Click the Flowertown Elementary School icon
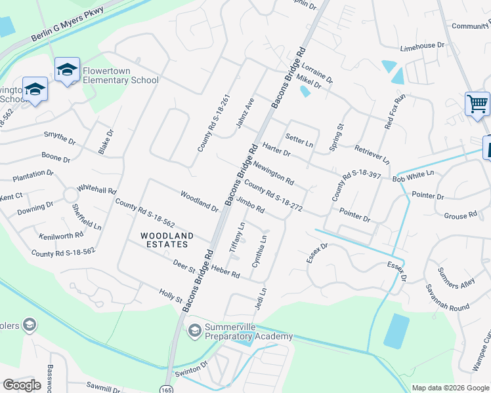[68, 70]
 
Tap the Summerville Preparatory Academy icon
[194, 330]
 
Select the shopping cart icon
[477, 103]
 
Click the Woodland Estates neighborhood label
[167, 240]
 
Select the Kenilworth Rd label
[61, 234]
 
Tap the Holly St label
[171, 295]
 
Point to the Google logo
[22, 385]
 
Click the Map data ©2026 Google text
[450, 388]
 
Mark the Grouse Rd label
[460, 215]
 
